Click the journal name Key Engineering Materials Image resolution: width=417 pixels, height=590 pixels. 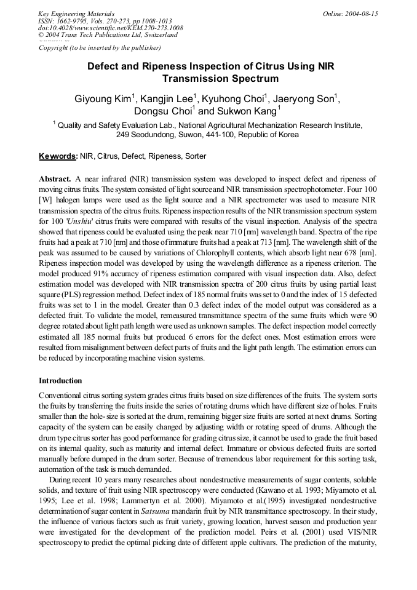tap(76, 14)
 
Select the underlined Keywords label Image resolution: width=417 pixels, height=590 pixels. tap(57, 156)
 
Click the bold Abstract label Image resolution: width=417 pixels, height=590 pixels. tap(55, 178)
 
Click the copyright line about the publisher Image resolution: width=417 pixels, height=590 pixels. tap(100, 47)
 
